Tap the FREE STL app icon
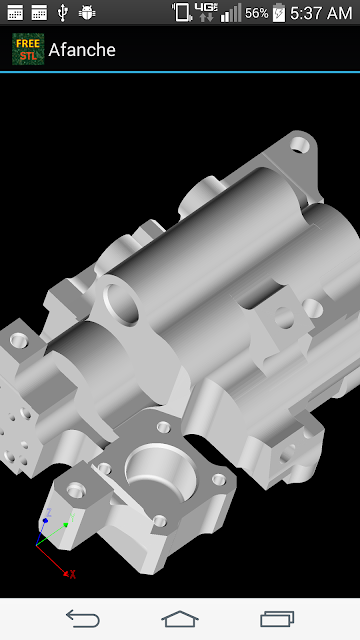28,49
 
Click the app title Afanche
82,50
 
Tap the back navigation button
83,618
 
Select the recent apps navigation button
277,619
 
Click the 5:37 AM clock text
321,13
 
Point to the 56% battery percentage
256,13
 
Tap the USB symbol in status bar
62,13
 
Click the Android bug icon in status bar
87,13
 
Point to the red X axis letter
73,575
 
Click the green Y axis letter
73,518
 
